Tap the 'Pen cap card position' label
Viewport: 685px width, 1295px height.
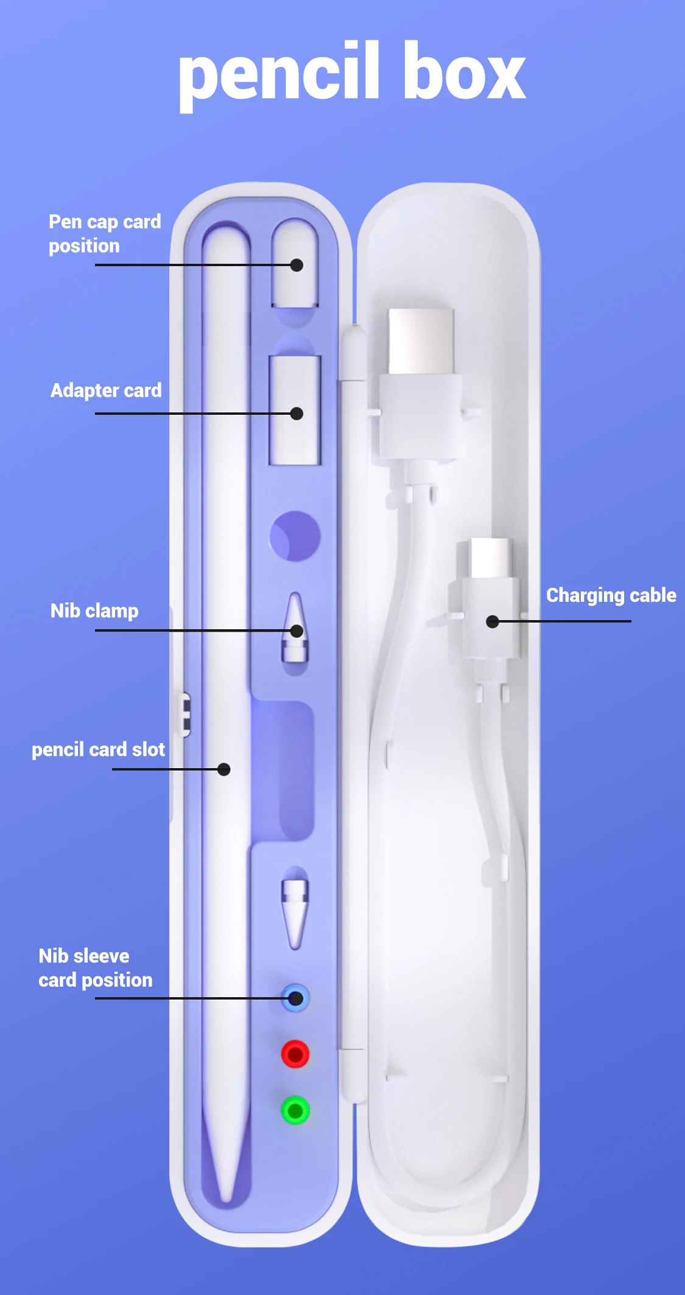click(x=105, y=234)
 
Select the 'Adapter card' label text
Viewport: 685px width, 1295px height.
click(x=106, y=390)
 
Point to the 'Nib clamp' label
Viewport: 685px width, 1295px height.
click(x=94, y=611)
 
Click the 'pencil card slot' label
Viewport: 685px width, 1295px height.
click(x=98, y=750)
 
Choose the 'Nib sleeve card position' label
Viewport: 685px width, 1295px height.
click(x=95, y=968)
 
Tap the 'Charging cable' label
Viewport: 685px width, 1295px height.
click(x=611, y=595)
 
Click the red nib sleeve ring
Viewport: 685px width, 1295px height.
click(x=295, y=1054)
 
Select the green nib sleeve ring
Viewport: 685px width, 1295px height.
click(x=295, y=1110)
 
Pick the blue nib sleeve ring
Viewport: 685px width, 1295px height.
click(x=295, y=998)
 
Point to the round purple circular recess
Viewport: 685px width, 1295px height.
click(x=295, y=536)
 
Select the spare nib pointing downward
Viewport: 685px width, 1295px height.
click(x=295, y=911)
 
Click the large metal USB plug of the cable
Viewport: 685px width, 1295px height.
click(x=421, y=341)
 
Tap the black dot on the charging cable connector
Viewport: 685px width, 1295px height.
click(x=493, y=621)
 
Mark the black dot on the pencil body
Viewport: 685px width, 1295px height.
click(x=224, y=769)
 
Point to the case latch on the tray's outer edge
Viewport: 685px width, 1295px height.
click(x=184, y=714)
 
